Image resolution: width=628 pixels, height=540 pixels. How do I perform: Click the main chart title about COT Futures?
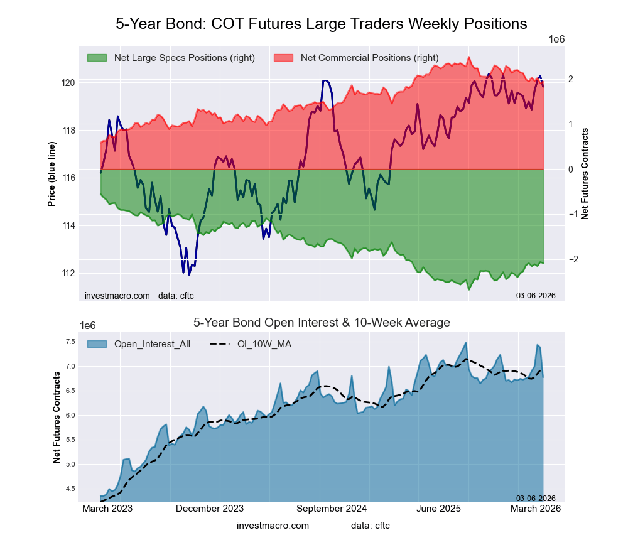pos(321,24)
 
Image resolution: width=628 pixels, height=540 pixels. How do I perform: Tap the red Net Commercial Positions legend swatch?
pos(283,58)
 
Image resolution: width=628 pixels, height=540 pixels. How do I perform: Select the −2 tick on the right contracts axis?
pos(553,259)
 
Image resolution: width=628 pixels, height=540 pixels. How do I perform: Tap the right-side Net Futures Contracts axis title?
pos(585,174)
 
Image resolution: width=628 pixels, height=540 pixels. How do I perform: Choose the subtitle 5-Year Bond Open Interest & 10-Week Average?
pos(321,323)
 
